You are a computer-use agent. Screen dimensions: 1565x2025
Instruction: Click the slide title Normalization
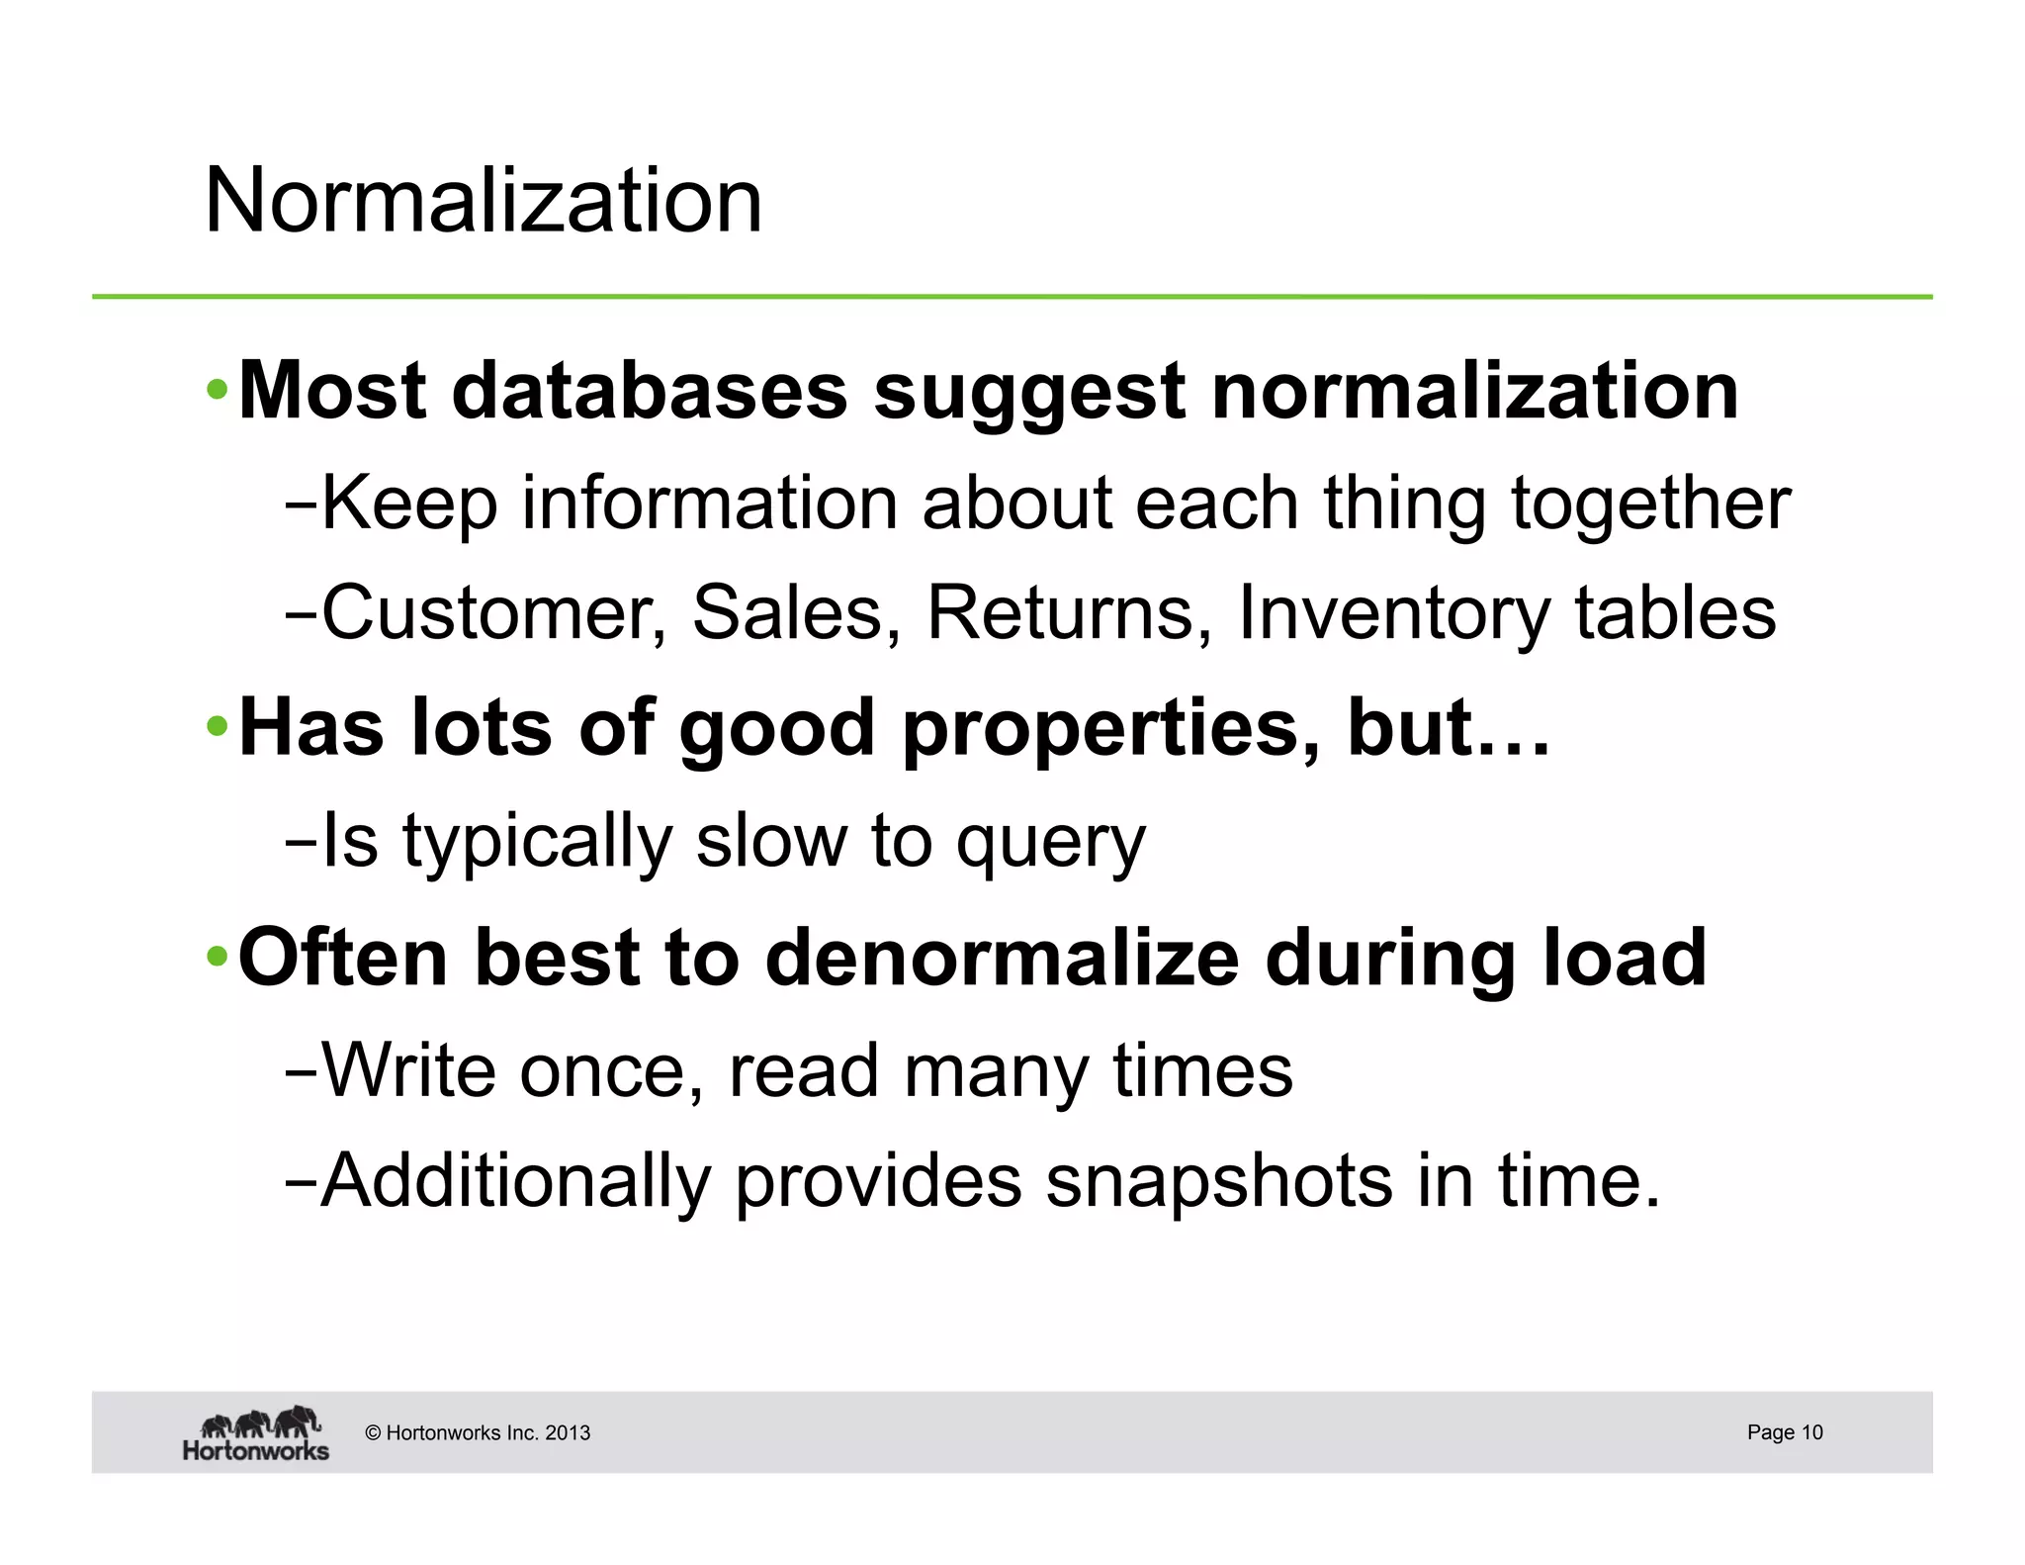click(x=483, y=201)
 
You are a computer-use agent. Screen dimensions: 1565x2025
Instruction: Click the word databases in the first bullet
click(x=650, y=391)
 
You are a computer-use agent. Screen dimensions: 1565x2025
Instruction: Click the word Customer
click(x=493, y=613)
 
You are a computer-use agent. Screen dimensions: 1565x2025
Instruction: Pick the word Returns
click(x=1069, y=613)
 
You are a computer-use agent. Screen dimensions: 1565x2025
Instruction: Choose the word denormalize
click(x=1002, y=958)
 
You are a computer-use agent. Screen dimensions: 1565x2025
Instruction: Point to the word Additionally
click(x=516, y=1182)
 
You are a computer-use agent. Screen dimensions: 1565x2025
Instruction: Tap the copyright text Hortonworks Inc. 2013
click(x=478, y=1433)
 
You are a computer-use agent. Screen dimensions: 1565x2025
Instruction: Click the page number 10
click(x=1811, y=1432)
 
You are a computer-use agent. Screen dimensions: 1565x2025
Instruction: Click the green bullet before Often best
click(x=218, y=958)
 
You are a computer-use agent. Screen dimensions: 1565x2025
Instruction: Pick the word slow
click(x=770, y=842)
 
